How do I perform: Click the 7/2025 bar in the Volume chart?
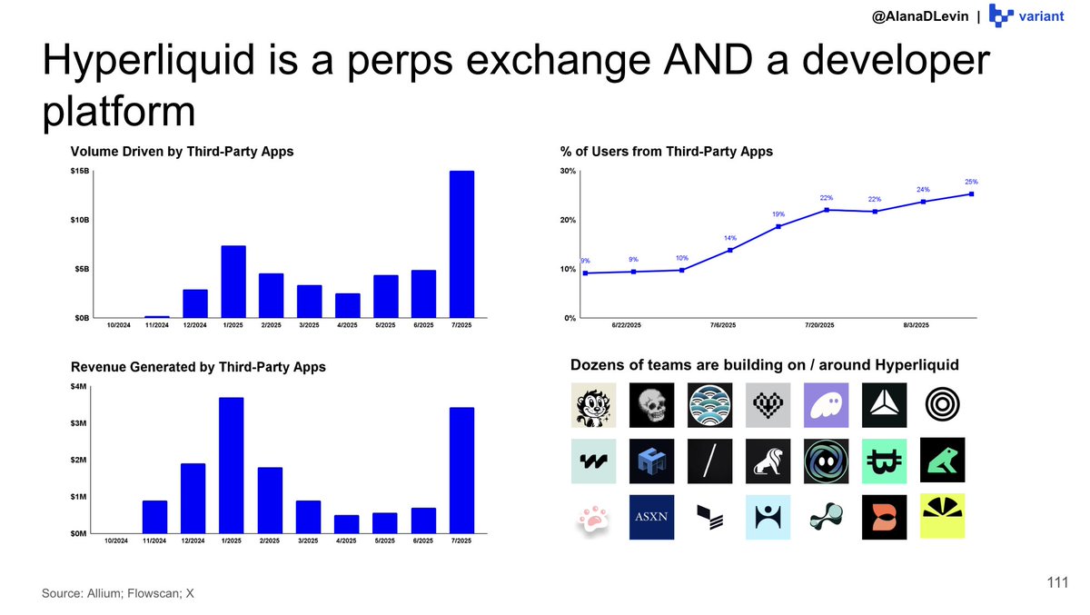(x=461, y=244)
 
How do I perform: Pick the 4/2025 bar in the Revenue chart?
(x=346, y=524)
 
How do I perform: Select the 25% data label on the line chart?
(x=972, y=182)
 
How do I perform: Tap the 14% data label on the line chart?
(x=729, y=238)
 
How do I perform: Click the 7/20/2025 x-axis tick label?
(x=825, y=325)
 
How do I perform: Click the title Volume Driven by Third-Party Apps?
(x=183, y=152)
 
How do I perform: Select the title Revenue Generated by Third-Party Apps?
(x=198, y=367)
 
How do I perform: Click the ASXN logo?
(x=651, y=518)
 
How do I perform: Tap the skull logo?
(x=651, y=405)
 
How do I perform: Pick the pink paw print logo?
(x=592, y=518)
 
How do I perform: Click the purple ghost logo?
(x=826, y=405)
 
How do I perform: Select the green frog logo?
(x=942, y=461)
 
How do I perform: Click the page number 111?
(x=1056, y=584)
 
